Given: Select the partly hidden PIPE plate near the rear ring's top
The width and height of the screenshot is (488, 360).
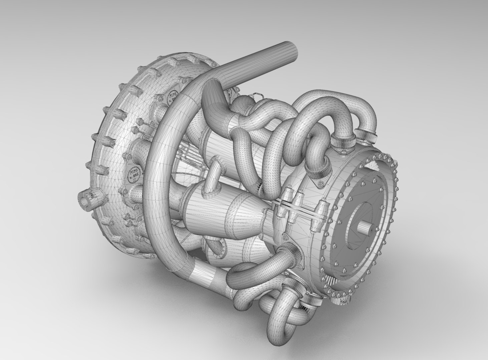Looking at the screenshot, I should click(x=173, y=97).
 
